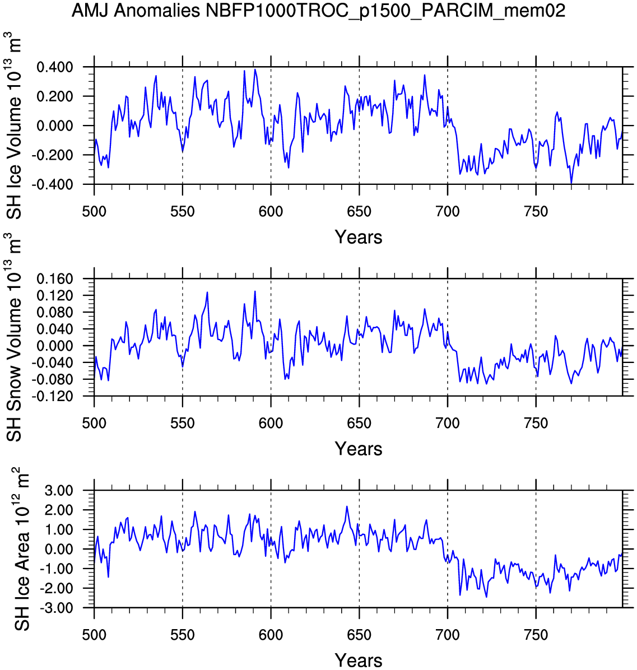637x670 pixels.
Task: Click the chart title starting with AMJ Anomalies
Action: click(318, 11)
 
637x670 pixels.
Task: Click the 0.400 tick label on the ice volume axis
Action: click(54, 68)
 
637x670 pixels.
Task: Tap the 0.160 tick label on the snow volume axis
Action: click(54, 279)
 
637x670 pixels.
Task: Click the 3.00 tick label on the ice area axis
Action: click(58, 491)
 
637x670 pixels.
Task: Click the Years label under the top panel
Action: click(359, 238)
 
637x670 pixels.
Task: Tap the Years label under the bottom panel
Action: click(359, 660)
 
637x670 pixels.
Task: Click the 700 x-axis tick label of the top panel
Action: click(448, 212)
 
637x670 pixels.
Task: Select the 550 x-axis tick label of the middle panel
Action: click(183, 424)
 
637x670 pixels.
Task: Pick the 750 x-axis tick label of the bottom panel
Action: click(536, 635)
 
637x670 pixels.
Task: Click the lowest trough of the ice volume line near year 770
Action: click(571, 183)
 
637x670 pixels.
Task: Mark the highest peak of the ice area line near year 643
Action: click(347, 506)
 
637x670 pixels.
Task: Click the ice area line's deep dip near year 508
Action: click(108, 576)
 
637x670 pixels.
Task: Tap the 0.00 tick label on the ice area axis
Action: click(58, 550)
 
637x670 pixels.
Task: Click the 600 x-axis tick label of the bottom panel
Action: click(271, 635)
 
